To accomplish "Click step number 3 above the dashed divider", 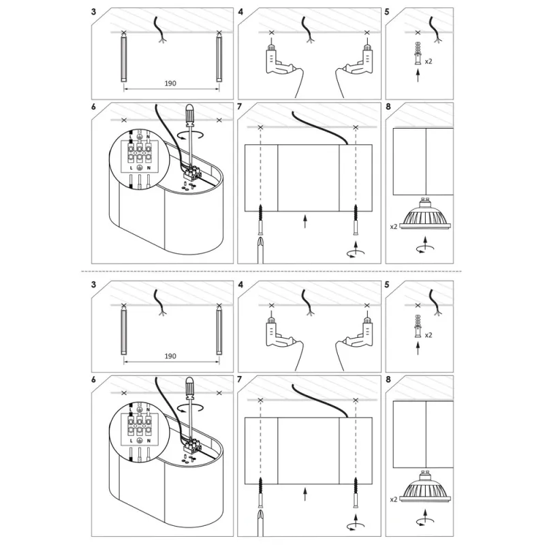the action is click(x=93, y=12).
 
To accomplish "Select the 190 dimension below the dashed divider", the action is click(x=170, y=356).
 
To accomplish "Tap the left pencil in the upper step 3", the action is click(x=124, y=58).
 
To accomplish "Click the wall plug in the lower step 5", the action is click(x=418, y=326).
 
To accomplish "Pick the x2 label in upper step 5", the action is click(x=429, y=61).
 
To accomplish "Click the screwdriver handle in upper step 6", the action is click(x=190, y=115).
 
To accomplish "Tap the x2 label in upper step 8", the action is click(x=394, y=227).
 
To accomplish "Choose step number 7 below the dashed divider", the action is click(x=240, y=379).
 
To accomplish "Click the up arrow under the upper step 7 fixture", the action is click(x=305, y=221).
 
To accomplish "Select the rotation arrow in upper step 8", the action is click(x=424, y=248).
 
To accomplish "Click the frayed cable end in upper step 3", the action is click(x=161, y=40).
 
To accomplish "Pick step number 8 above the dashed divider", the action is click(x=388, y=106).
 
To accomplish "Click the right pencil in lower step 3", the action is click(x=219, y=330).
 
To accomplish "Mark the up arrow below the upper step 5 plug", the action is click(x=418, y=76).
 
